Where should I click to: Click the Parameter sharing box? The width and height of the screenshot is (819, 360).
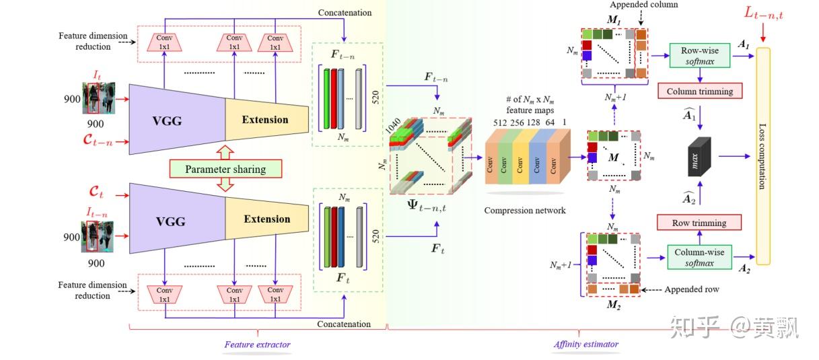226,168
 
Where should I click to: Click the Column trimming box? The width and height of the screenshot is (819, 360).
699,91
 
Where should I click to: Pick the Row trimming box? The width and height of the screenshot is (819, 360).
699,223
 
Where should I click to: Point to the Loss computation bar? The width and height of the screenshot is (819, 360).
762,156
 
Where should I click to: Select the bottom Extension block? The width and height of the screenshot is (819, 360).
266,219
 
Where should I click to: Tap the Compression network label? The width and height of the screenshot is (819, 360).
525,211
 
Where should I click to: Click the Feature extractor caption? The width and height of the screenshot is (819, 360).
257,345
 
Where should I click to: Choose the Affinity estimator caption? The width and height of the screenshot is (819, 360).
585,345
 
